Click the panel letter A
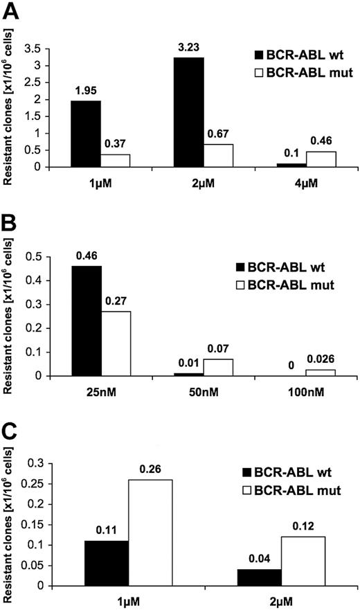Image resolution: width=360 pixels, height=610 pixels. tap(12, 11)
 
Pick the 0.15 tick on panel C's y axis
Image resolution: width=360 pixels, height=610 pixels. tap(33, 524)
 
